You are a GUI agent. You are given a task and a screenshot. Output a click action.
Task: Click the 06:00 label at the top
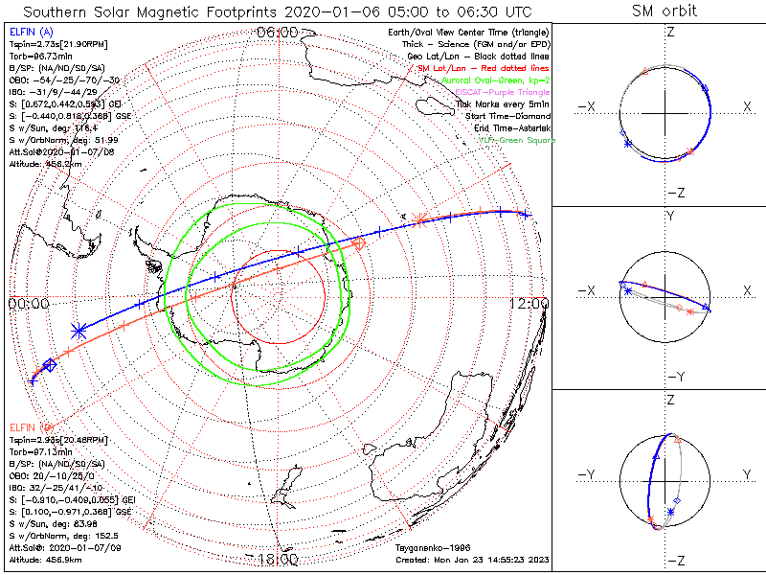coord(278,33)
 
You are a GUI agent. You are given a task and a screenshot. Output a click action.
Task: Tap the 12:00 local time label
coord(529,303)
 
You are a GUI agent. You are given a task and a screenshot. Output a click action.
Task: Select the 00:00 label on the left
coord(28,303)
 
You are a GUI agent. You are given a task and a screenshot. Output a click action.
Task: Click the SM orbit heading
coord(665,11)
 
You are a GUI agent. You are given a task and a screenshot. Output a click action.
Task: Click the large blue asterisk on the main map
coord(79,331)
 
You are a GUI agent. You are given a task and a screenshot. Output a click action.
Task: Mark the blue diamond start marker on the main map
coord(51,364)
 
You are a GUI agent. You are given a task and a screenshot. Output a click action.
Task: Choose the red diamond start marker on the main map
coord(359,245)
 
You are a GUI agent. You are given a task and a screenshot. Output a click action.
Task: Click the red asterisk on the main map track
coord(419,221)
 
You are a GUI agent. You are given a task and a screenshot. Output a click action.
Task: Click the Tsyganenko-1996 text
coord(431,548)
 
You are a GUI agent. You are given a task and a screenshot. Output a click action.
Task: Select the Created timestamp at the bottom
coord(471,558)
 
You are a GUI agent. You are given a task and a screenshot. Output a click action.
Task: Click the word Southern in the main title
coord(61,11)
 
